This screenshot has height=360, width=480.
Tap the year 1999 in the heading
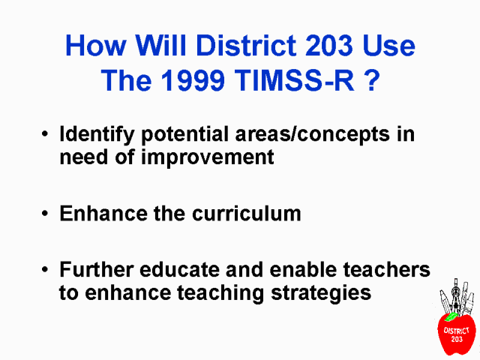193,80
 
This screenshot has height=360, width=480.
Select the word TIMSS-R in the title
295,80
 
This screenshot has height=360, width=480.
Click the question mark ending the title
372,80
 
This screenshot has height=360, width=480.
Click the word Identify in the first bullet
97,135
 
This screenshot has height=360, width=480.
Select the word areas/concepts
313,135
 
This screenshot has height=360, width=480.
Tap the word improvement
207,158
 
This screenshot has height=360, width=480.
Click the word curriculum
247,213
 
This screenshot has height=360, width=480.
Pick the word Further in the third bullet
97,269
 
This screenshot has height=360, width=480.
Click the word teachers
387,269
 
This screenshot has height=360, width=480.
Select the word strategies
321,294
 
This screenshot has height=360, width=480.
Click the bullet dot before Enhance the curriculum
45,213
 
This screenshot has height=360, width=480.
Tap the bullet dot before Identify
45,134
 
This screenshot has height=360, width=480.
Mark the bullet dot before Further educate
45,269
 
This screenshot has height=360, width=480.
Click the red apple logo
457,334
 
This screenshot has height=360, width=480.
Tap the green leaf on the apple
451,316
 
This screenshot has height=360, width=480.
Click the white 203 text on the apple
457,339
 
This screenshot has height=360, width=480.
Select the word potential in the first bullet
185,135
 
